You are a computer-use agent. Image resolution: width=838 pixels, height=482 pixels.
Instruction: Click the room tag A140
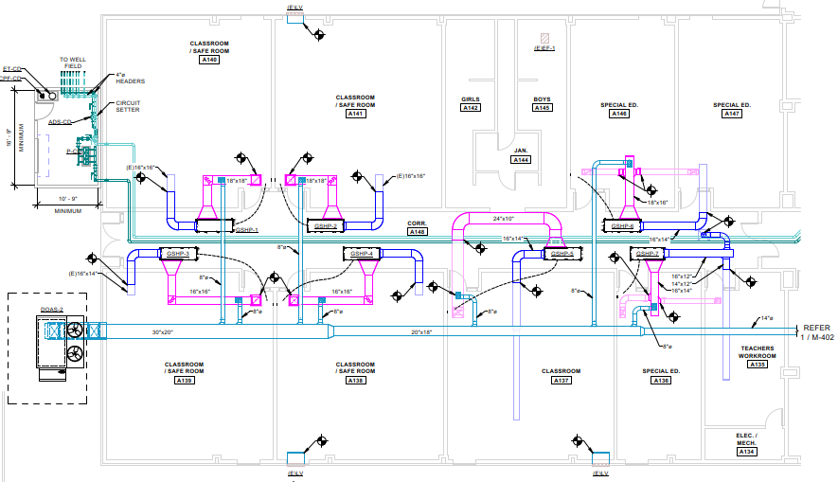[x=209, y=60]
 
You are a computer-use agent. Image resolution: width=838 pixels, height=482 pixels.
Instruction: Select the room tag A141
[x=355, y=114]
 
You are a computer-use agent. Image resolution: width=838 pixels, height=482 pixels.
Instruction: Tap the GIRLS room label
[x=471, y=99]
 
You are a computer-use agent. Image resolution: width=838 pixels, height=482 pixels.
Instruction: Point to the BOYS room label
[x=542, y=99]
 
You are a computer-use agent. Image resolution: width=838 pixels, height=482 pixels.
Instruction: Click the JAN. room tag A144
[x=521, y=161]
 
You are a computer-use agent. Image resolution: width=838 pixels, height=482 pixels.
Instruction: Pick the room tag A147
[x=732, y=114]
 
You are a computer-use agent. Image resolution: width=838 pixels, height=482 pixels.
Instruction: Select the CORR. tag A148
[x=418, y=232]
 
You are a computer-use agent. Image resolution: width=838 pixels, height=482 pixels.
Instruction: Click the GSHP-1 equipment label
[x=246, y=230]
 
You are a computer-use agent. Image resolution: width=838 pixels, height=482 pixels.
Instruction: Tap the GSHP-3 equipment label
[x=178, y=255]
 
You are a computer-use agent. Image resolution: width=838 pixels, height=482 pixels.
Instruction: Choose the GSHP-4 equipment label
[x=361, y=255]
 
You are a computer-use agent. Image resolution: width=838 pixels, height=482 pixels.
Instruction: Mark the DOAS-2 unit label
[x=52, y=310]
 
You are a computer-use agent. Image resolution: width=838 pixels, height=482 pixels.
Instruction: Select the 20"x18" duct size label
[x=422, y=332]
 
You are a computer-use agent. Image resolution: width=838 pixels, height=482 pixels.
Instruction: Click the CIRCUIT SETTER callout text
[x=128, y=106]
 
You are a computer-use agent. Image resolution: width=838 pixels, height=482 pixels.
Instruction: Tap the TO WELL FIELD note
[x=73, y=62]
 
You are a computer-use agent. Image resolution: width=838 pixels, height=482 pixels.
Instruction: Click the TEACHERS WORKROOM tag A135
[x=758, y=365]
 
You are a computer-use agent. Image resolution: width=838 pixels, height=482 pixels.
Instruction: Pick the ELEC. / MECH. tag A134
[x=749, y=452]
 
